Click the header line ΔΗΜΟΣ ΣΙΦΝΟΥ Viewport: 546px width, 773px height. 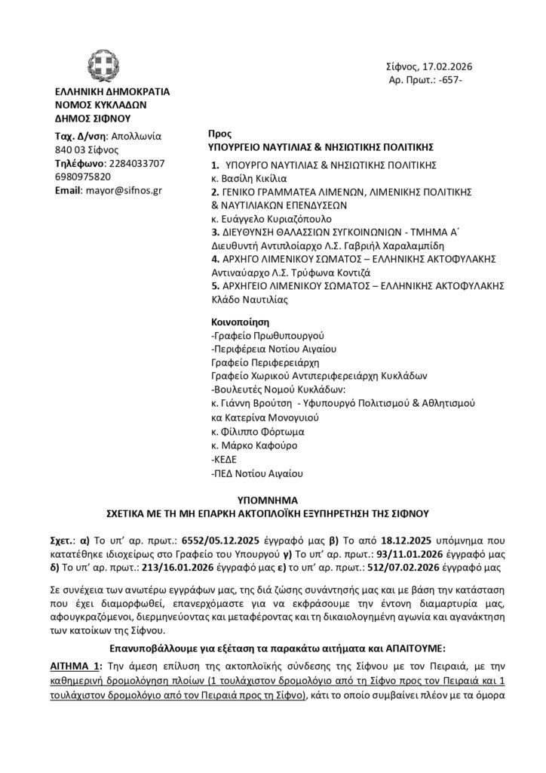click(x=93, y=119)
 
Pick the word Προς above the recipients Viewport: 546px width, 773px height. click(x=219, y=130)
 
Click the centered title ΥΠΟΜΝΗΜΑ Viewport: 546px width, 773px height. click(x=274, y=500)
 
